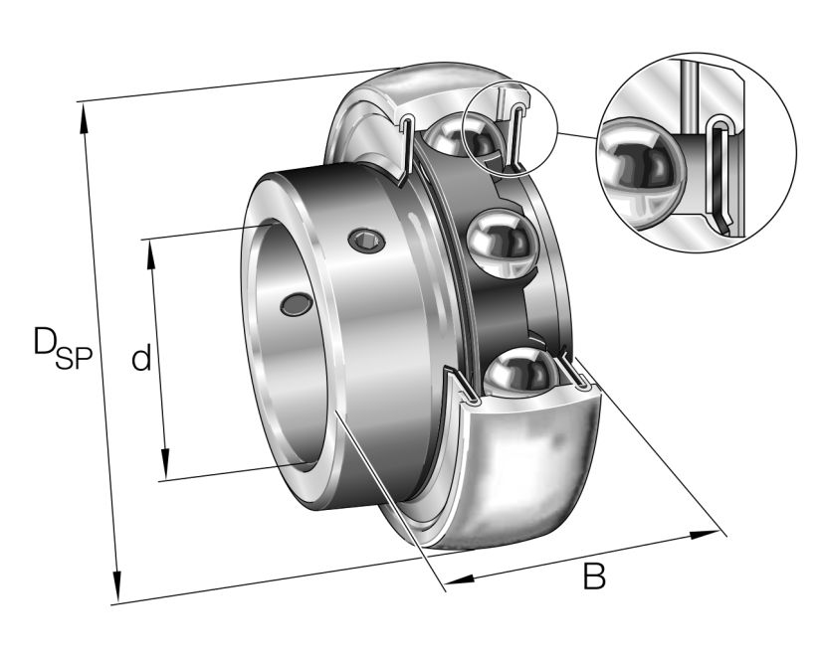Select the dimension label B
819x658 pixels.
pyautogui.click(x=594, y=576)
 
